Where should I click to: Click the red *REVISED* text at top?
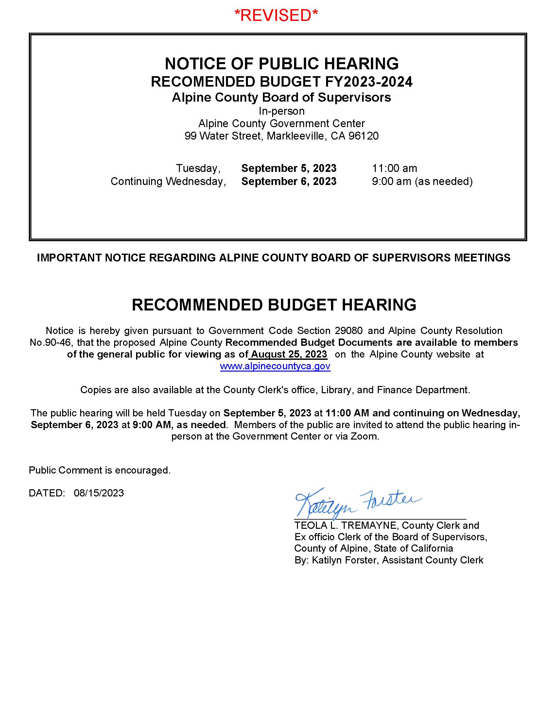(276, 15)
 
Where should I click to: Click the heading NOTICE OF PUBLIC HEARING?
(281, 63)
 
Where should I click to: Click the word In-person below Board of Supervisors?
(281, 111)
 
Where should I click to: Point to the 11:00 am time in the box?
(394, 168)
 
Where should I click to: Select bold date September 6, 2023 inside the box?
(288, 181)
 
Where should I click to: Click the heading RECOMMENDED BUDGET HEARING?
(274, 305)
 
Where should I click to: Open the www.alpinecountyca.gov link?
(275, 366)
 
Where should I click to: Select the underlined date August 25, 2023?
(289, 354)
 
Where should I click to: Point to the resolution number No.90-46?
(50, 343)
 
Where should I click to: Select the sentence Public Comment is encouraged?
(99, 470)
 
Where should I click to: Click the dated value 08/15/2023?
(99, 493)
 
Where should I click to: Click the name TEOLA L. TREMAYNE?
(346, 525)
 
